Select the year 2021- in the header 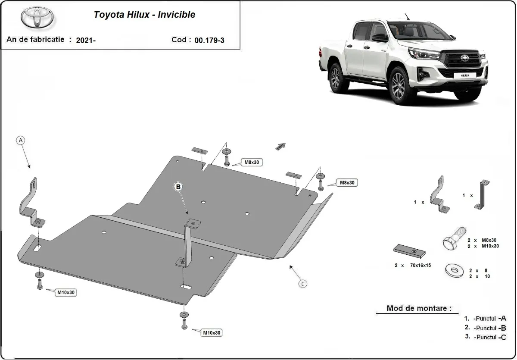[86, 40]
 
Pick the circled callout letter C [303, 283]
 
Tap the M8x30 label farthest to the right [347, 183]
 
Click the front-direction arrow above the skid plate [280, 147]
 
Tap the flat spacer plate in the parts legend [409, 250]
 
